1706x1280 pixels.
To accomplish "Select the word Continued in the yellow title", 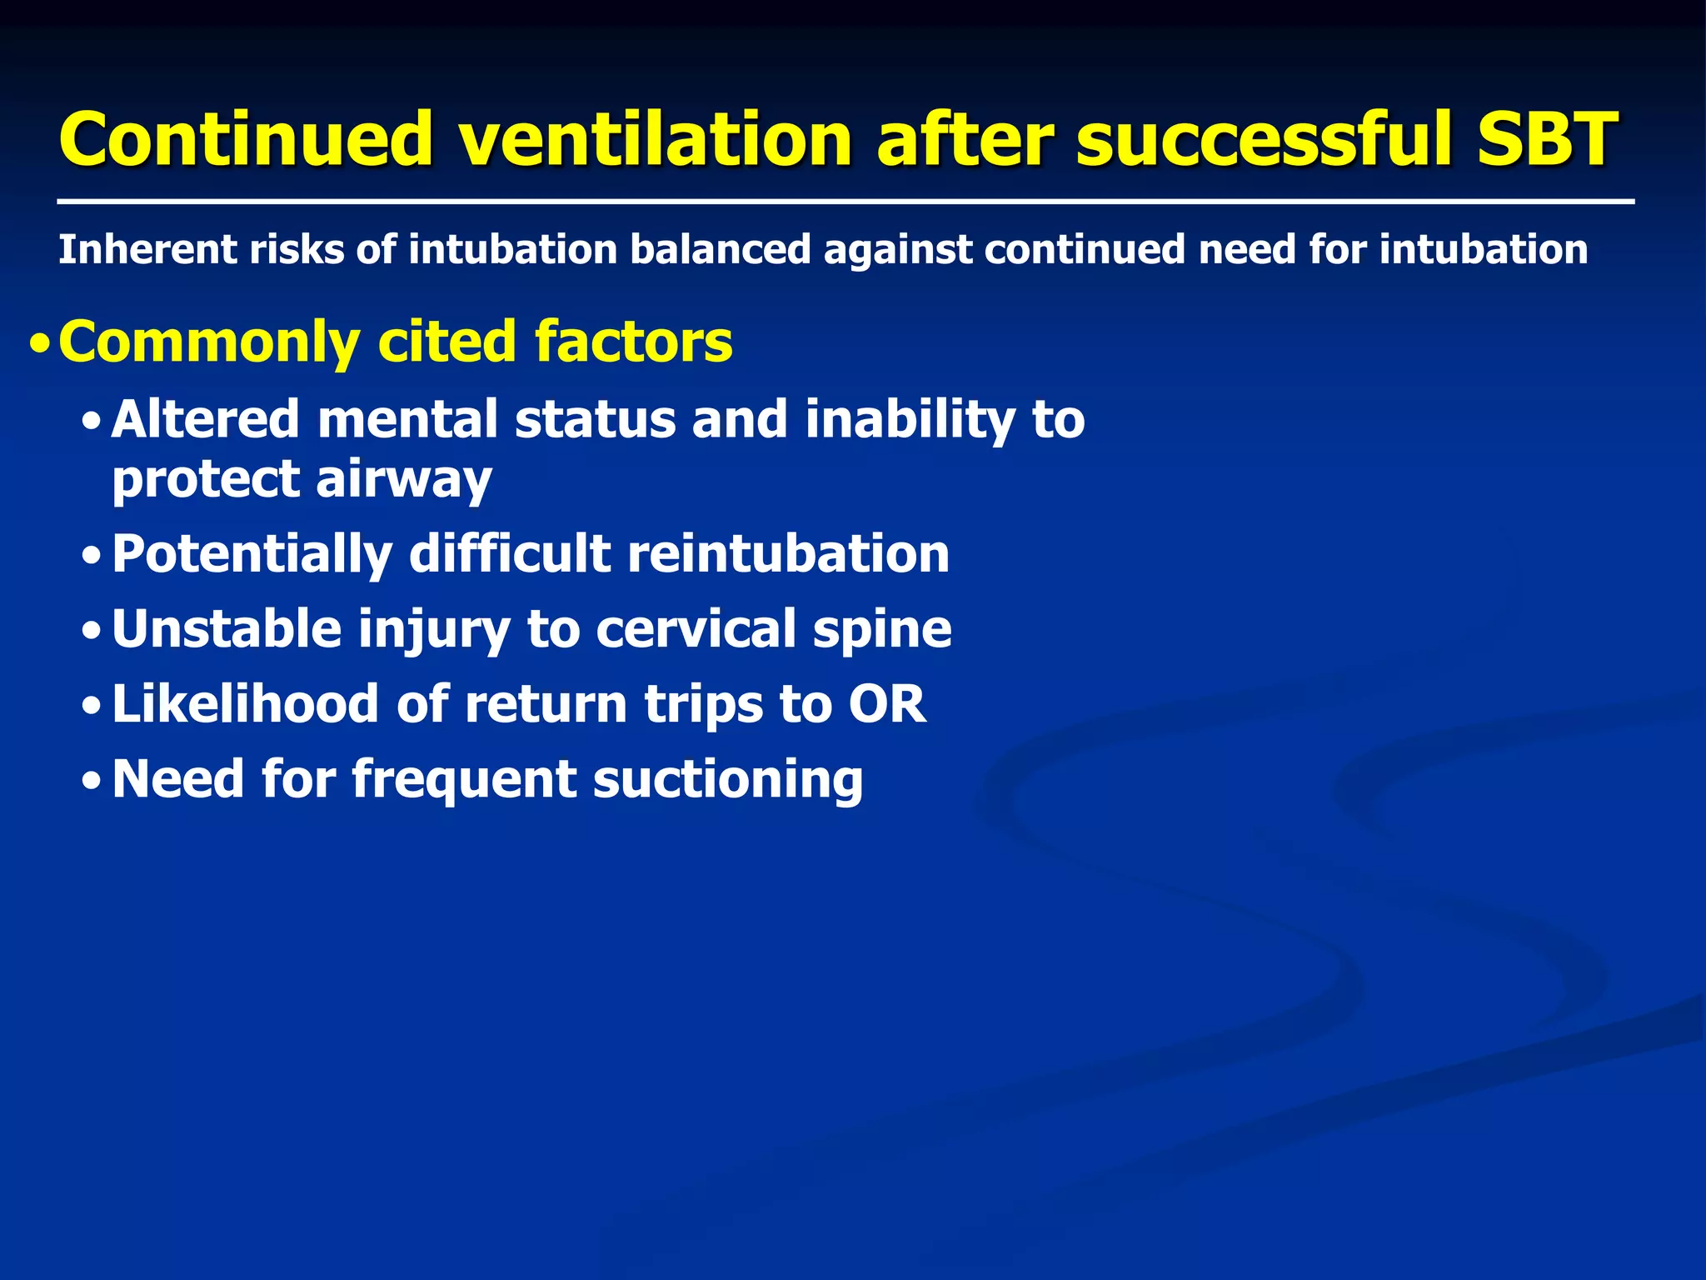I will click(246, 138).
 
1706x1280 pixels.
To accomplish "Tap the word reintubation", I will click(788, 553).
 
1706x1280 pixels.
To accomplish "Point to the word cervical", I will click(696, 629).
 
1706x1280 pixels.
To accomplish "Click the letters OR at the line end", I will click(886, 704).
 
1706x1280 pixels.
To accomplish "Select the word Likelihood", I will click(245, 704).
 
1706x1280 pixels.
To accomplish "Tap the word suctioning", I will click(727, 780).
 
